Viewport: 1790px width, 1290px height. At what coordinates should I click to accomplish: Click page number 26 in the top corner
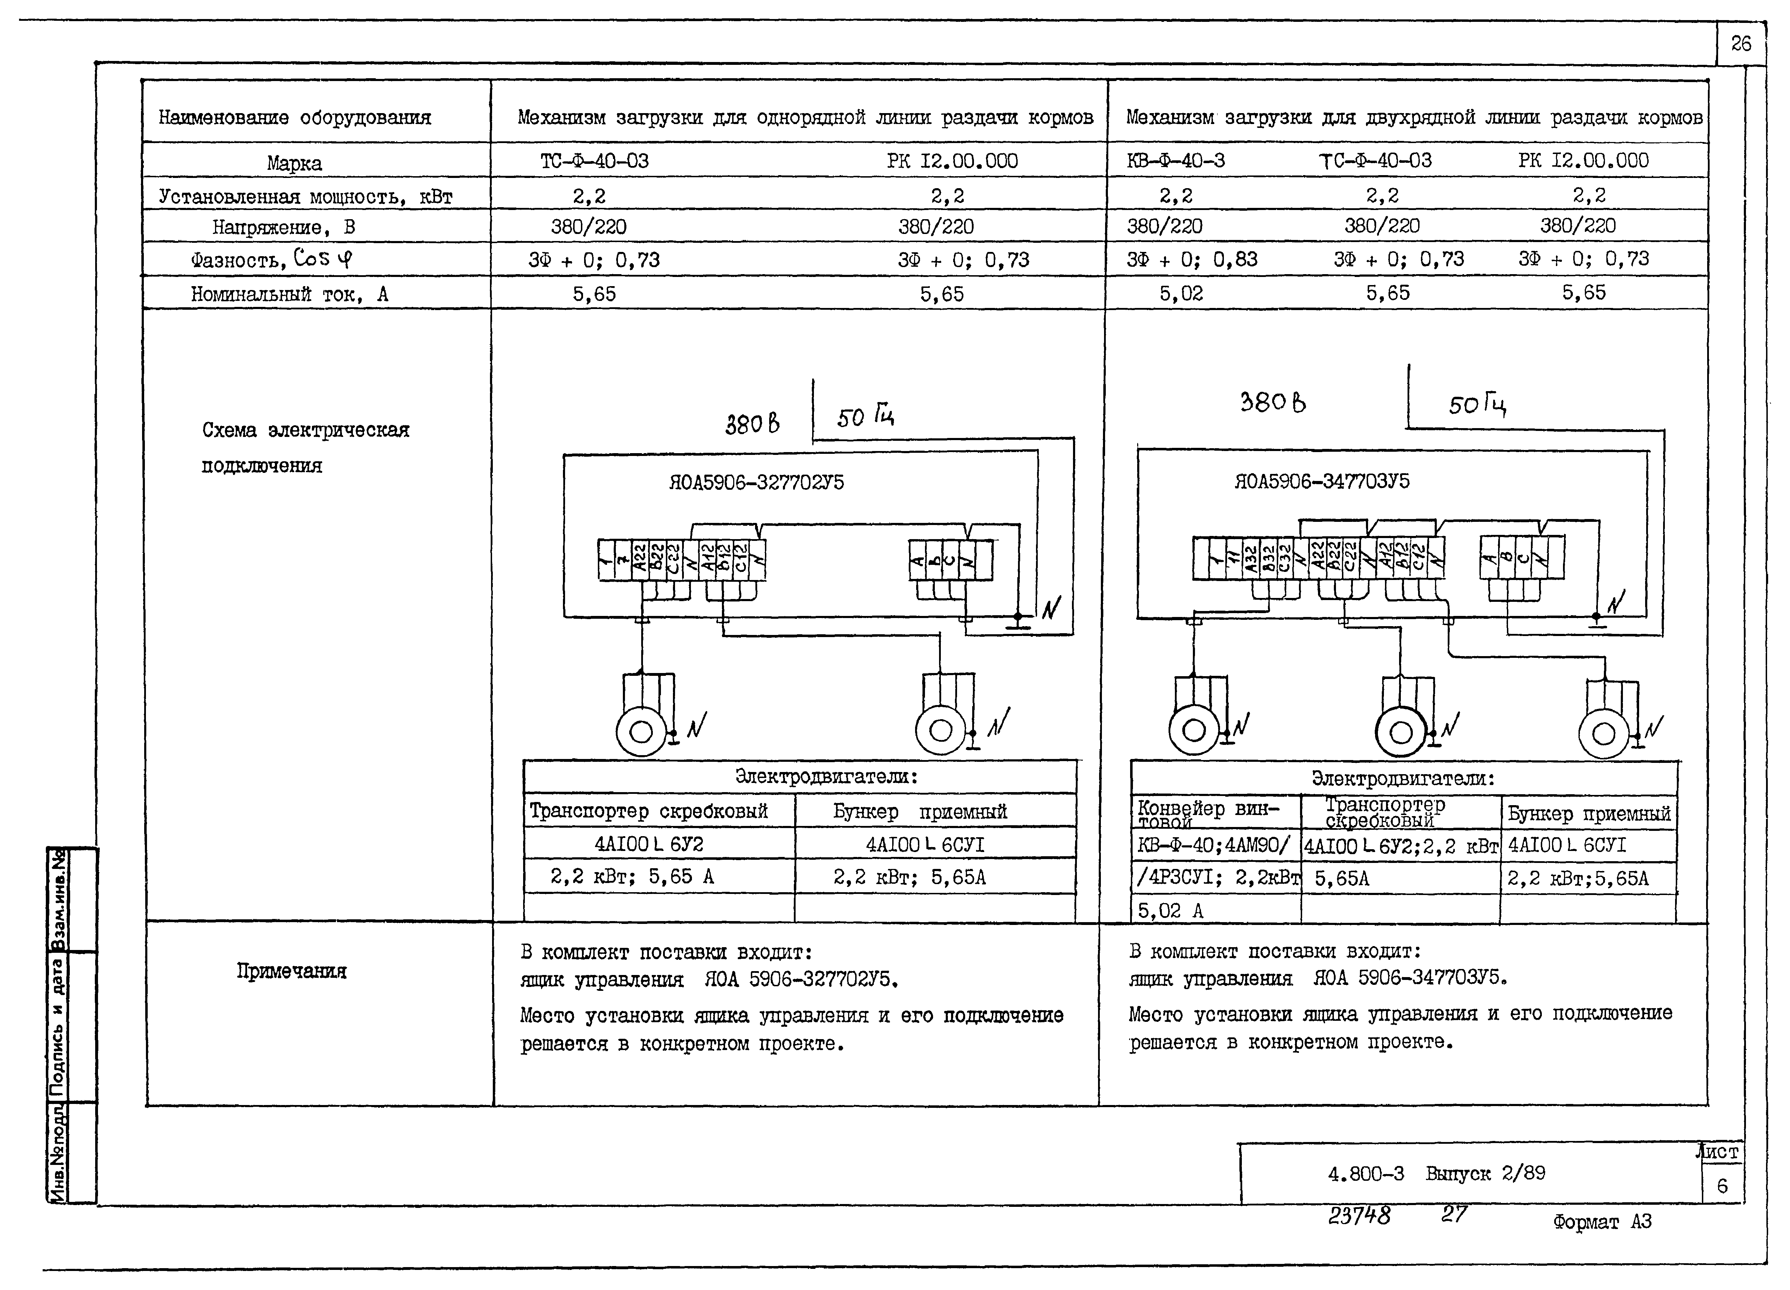[x=1740, y=43]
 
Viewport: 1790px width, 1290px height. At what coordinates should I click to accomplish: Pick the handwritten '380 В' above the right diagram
[x=1272, y=403]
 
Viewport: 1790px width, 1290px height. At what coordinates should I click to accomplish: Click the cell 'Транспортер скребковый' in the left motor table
[x=648, y=811]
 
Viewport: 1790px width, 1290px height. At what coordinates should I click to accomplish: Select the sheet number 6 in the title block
[x=1722, y=1186]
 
